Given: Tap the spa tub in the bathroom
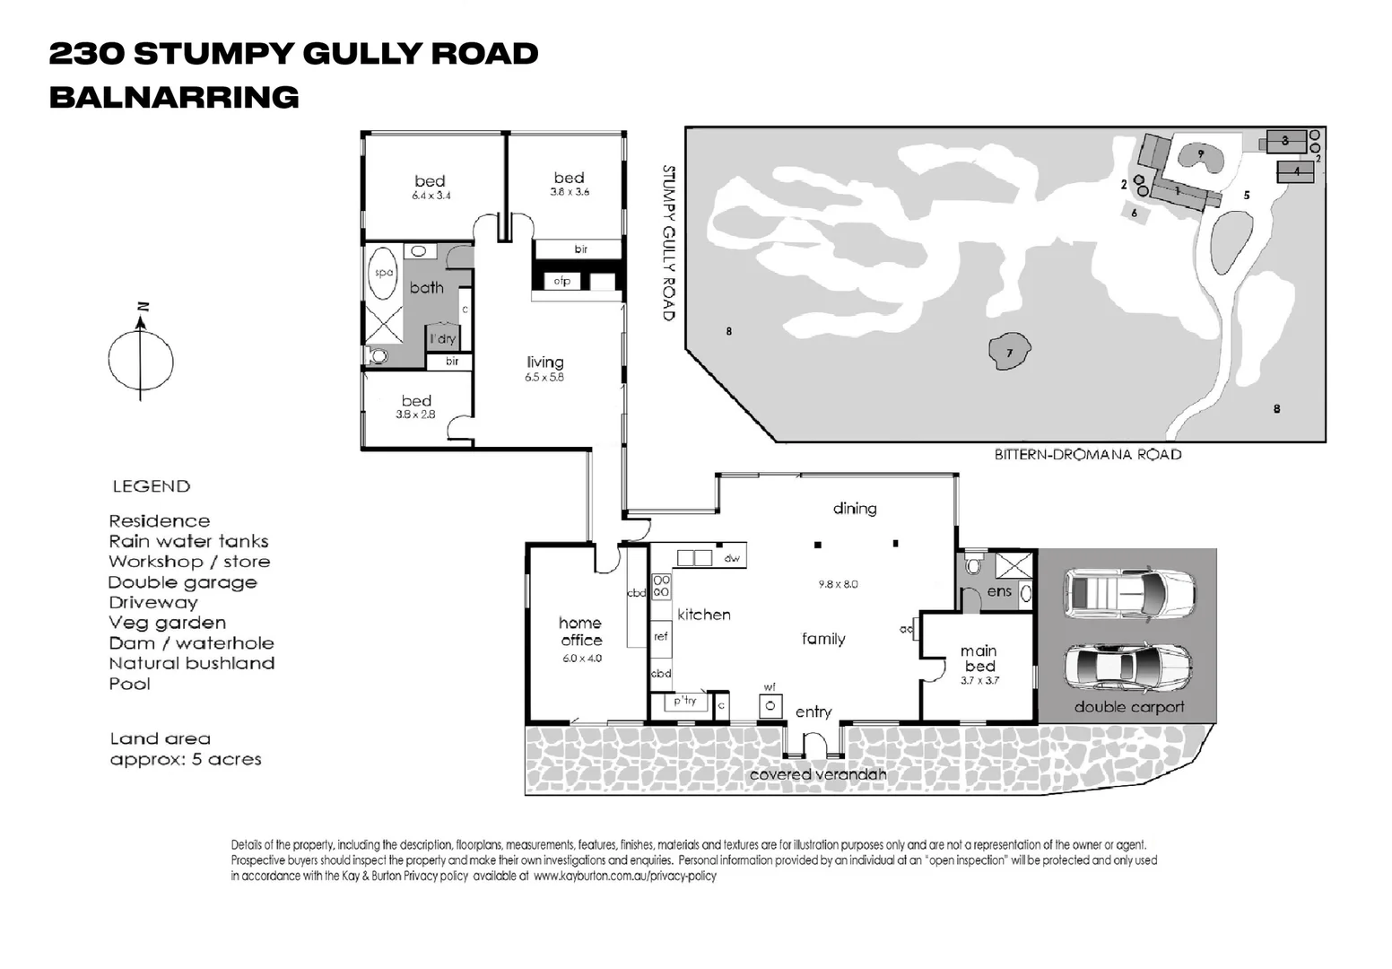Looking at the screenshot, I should click(383, 273).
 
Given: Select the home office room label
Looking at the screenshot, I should click(581, 632).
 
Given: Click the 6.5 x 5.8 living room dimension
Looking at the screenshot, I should click(544, 378).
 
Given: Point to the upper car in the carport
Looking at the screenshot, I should click(1128, 592).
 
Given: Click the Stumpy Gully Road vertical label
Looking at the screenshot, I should click(668, 242).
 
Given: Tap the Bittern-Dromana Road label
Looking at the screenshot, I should click(1087, 455).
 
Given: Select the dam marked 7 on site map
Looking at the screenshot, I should click(1009, 352).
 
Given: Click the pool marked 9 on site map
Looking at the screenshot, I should click(1200, 156).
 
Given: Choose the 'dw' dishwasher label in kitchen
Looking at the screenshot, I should click(732, 558).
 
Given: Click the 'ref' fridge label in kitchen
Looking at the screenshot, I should click(661, 636).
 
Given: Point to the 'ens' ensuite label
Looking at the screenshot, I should click(999, 591).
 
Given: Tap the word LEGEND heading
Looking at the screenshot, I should click(151, 486).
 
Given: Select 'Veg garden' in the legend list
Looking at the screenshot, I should click(167, 623).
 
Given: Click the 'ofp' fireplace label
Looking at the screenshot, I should click(562, 281).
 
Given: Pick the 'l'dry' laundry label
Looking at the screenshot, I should click(442, 339).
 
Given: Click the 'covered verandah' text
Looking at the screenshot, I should click(817, 774).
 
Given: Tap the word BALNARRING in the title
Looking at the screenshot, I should click(174, 97).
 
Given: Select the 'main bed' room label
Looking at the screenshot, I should click(979, 659).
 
